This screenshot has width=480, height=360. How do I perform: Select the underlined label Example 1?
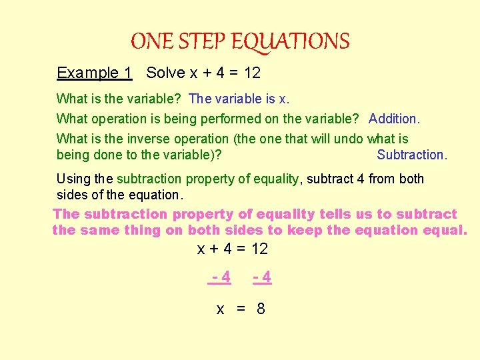click(95, 73)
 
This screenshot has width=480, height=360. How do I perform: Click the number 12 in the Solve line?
click(251, 73)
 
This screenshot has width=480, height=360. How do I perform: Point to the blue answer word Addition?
click(395, 119)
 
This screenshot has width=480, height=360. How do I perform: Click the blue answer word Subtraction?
click(412, 155)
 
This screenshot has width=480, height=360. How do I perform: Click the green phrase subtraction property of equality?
click(208, 179)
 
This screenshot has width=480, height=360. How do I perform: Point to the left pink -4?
click(221, 277)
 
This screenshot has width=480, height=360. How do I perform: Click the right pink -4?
click(262, 277)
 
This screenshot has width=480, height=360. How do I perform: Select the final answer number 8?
click(261, 309)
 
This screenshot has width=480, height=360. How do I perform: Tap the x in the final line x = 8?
click(220, 309)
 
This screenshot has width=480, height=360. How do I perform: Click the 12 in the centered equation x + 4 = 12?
click(259, 249)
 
